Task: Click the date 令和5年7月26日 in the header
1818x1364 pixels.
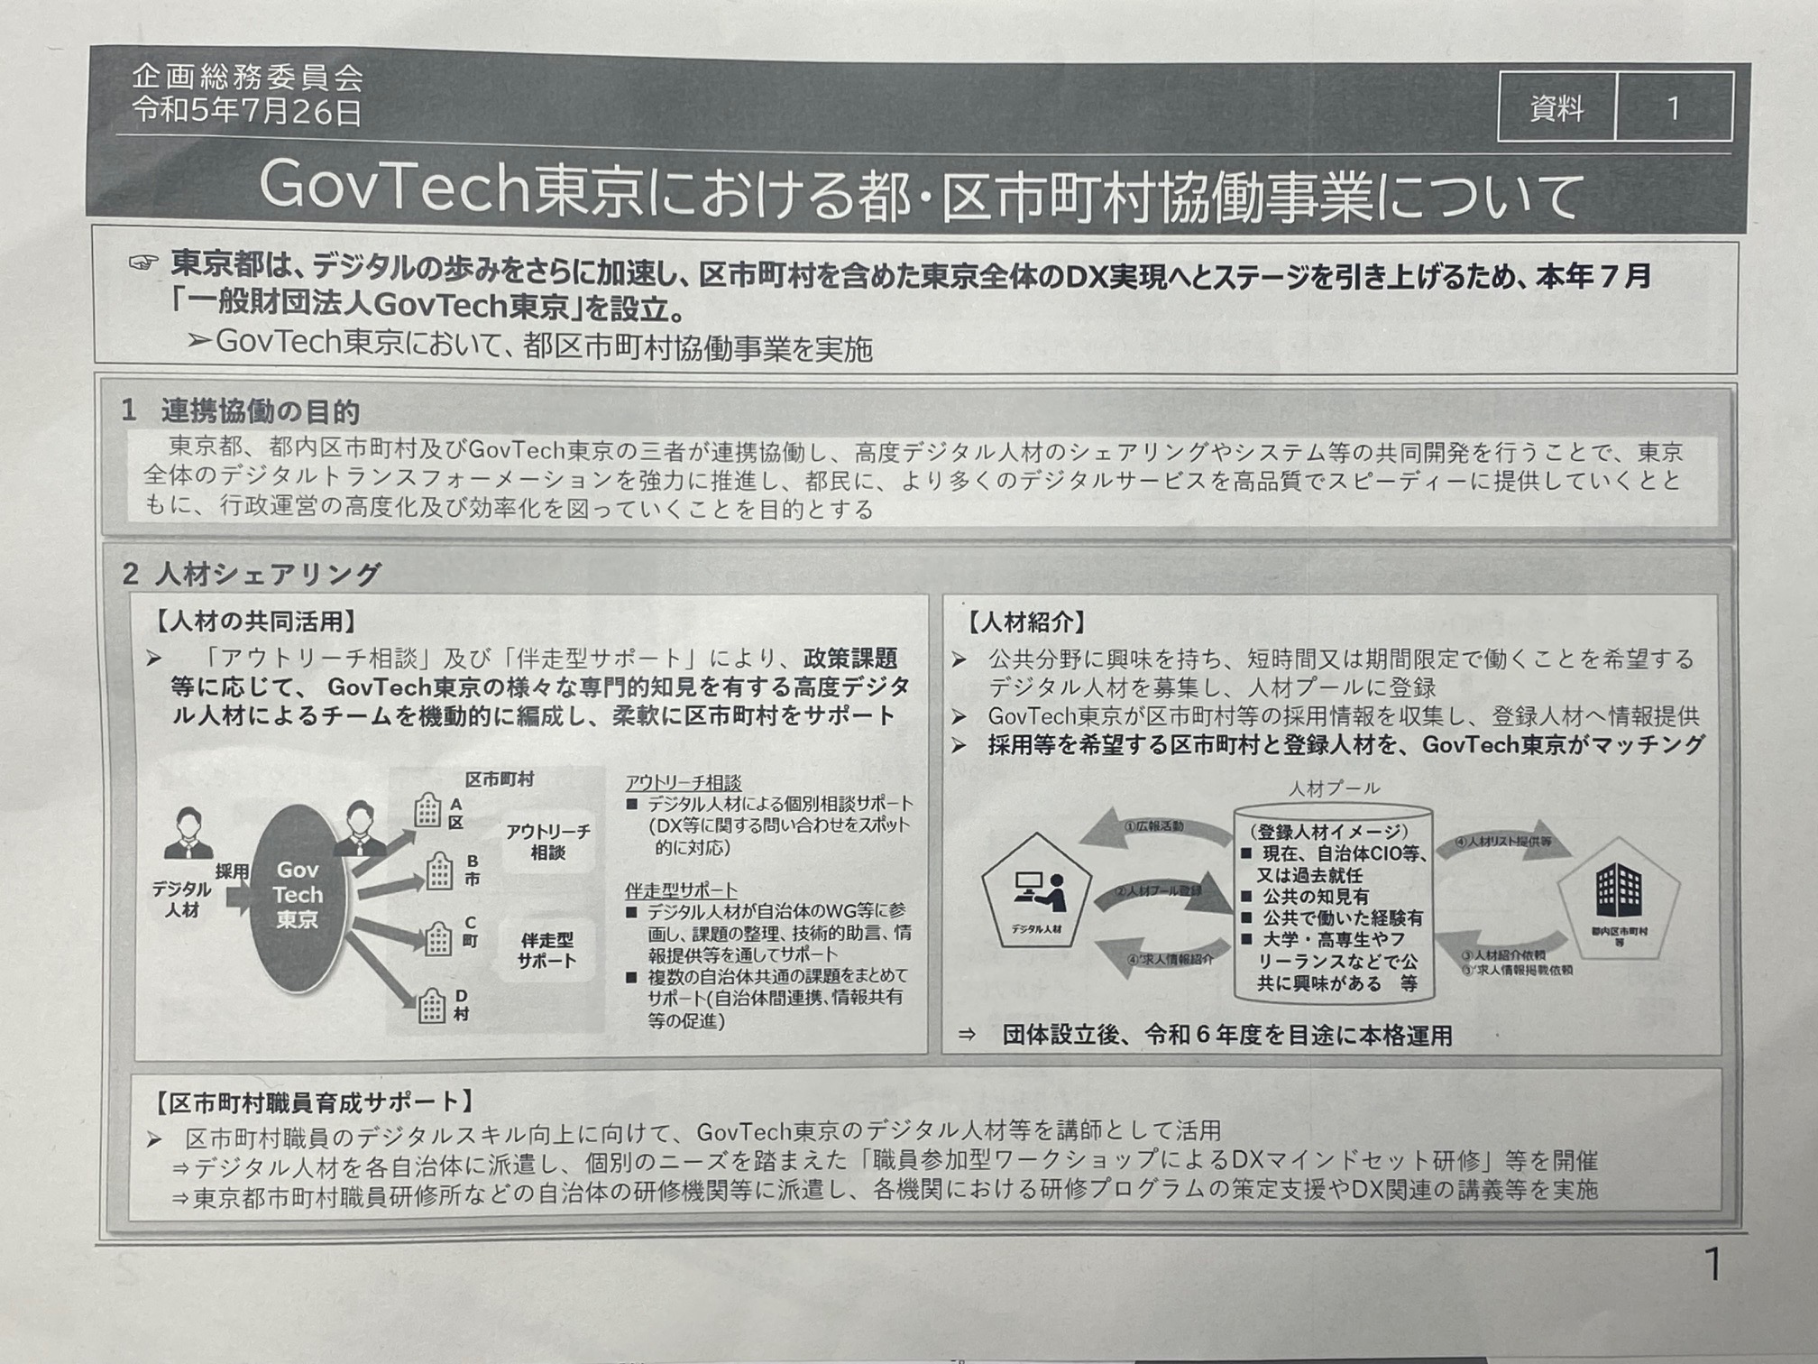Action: click(247, 112)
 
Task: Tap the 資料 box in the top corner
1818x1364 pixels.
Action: click(1556, 108)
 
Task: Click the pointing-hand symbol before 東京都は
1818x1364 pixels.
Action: click(142, 263)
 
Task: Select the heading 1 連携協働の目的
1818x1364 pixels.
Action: click(241, 411)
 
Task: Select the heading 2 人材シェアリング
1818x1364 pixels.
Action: click(252, 574)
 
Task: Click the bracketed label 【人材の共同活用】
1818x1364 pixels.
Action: click(256, 622)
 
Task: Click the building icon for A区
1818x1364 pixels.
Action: click(427, 811)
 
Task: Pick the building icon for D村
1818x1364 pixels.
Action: click(431, 1005)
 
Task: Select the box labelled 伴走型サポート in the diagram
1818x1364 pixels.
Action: click(546, 950)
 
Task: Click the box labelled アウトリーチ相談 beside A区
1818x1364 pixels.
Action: click(547, 842)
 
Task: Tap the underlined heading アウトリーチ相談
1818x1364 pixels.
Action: click(683, 783)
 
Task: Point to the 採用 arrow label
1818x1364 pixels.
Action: click(232, 872)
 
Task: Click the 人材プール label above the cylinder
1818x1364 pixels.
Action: click(1334, 788)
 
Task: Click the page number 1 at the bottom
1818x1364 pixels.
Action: click(1712, 1265)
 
